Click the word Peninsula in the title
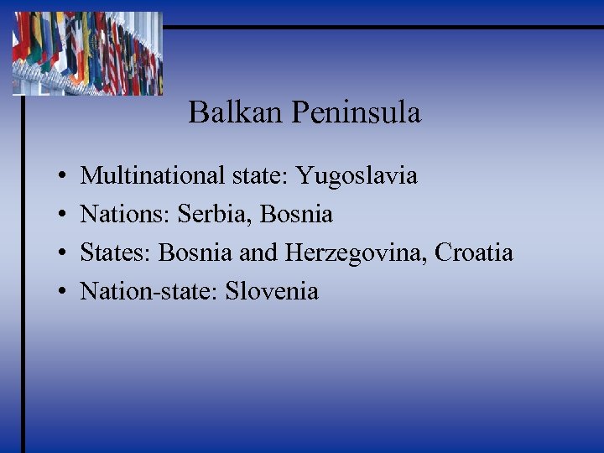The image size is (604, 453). [x=356, y=112]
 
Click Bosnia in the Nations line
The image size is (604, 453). [x=296, y=215]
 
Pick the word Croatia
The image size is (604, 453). [x=474, y=253]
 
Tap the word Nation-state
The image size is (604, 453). [x=138, y=291]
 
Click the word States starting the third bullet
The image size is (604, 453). [x=116, y=253]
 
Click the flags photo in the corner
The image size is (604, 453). [x=87, y=52]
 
